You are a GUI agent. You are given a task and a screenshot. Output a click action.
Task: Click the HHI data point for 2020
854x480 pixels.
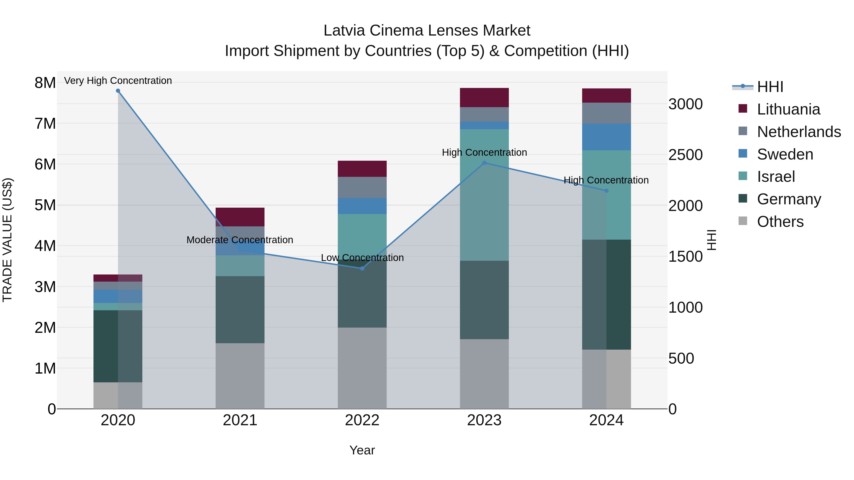(118, 91)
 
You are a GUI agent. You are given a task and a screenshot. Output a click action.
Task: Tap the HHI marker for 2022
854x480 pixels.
(362, 268)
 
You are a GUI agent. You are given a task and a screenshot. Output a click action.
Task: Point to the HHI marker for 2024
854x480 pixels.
(606, 191)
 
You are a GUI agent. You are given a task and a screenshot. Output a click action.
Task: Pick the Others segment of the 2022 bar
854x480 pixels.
(362, 368)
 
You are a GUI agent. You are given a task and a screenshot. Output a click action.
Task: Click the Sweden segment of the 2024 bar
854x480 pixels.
(606, 137)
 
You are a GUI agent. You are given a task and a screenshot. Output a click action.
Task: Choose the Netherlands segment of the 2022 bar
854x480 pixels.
(362, 187)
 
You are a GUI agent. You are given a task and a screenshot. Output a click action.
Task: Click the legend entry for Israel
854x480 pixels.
(776, 177)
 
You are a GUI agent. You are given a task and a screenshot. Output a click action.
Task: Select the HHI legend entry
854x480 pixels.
(770, 87)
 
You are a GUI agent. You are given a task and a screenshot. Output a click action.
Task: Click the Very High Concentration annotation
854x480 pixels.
(118, 81)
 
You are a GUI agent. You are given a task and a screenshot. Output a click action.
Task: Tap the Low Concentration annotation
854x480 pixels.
(362, 258)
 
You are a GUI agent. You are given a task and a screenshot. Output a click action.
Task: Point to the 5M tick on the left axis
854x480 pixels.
(45, 205)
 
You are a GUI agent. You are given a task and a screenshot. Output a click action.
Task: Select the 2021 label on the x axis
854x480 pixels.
(240, 420)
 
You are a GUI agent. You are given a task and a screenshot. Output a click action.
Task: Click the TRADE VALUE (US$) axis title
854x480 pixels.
(7, 240)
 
